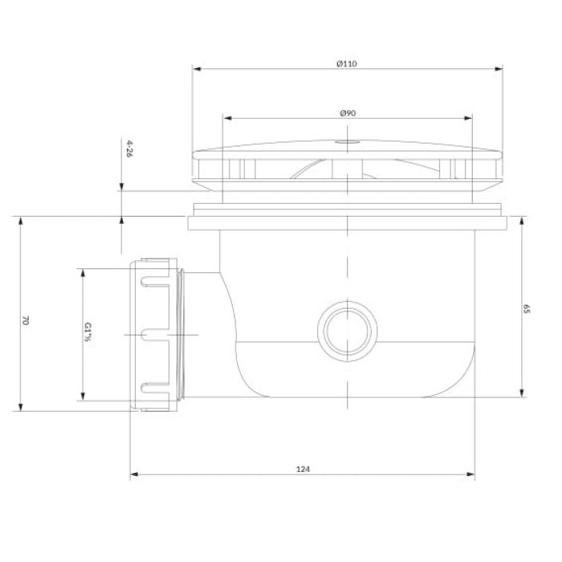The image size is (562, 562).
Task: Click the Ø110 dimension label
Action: pos(347,63)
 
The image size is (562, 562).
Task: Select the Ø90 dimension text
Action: pos(348,113)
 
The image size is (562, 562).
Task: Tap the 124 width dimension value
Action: pos(303,469)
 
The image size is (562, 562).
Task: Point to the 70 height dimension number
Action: pos(25,320)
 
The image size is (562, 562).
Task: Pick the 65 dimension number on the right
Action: pos(526,309)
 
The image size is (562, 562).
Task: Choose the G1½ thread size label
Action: pos(88,332)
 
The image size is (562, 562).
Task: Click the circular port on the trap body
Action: pos(348,331)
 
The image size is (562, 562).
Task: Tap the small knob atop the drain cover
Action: pos(347,142)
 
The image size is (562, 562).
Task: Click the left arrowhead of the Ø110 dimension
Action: pos(197,69)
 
